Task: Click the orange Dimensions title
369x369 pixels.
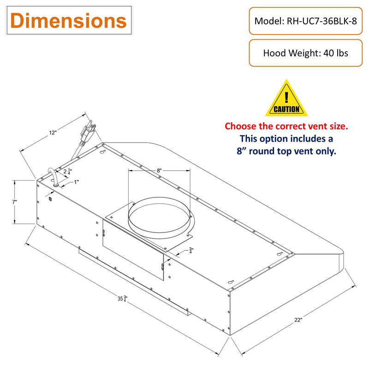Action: pos(68,21)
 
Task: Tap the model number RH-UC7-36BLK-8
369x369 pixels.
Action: pos(321,21)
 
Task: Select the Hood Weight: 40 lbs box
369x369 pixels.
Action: pos(306,53)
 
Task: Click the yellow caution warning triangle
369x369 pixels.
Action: pos(286,98)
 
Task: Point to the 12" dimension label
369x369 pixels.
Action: pos(53,133)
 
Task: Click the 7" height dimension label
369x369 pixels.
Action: pos(15,202)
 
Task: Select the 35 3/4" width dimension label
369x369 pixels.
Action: pos(122,298)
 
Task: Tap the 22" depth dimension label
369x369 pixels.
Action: pos(298,320)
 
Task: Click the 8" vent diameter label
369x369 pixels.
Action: pos(159,170)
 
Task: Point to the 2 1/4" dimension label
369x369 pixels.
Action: pos(67,171)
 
